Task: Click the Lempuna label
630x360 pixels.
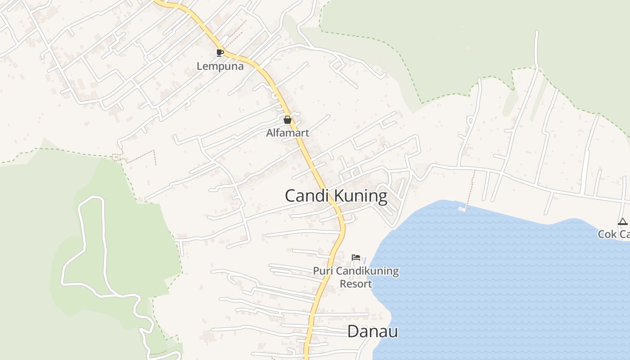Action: [x=220, y=67]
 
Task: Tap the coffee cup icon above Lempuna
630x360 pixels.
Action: [x=220, y=53]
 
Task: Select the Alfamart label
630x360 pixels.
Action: [x=288, y=133]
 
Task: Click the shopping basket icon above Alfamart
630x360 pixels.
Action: [x=288, y=120]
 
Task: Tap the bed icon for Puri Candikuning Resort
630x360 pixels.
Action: [x=356, y=257]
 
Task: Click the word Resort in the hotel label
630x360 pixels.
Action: [x=355, y=284]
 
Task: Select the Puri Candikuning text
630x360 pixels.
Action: [x=355, y=271]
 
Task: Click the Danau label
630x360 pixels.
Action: [x=373, y=332]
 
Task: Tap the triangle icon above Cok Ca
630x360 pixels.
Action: [x=622, y=221]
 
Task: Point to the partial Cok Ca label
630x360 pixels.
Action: [x=614, y=234]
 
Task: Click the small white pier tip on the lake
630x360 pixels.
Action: [x=462, y=209]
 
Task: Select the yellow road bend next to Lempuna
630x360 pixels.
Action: [x=238, y=57]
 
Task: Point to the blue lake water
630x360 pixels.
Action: [x=495, y=279]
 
